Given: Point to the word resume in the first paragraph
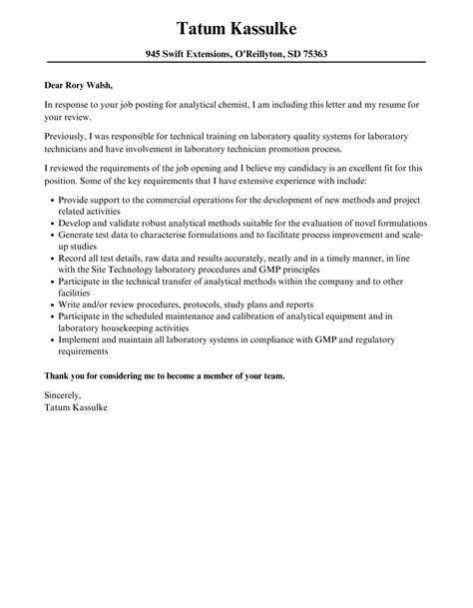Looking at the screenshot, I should pos(379,104).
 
